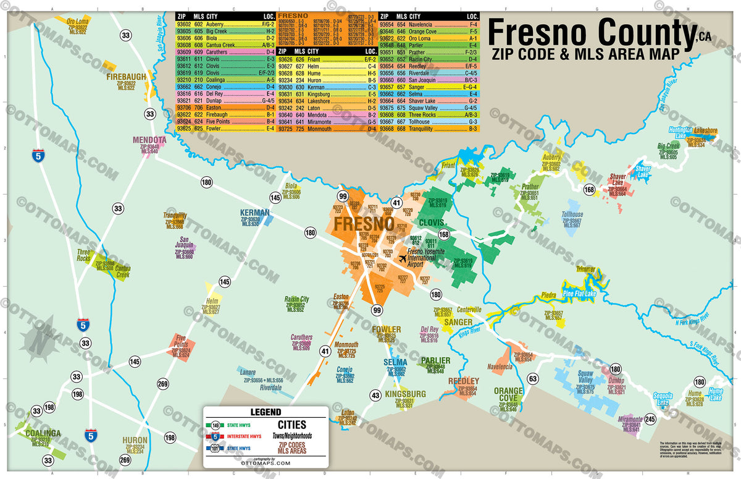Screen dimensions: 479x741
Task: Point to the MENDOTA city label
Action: point(149,140)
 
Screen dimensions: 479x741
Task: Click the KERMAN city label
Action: point(255,213)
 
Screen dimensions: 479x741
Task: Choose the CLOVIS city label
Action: point(433,223)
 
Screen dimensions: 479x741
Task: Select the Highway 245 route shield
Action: point(649,419)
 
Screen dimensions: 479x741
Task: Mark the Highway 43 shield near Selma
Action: point(375,395)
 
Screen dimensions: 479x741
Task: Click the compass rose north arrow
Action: point(37,339)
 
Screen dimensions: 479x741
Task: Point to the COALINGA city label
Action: point(43,433)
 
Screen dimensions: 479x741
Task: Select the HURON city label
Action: point(135,441)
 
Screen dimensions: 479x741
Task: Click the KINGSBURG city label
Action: point(405,394)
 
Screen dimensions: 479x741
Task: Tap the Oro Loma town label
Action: point(77,21)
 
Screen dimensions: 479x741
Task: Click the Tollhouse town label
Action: point(572,215)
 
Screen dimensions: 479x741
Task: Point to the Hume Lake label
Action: point(715,394)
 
